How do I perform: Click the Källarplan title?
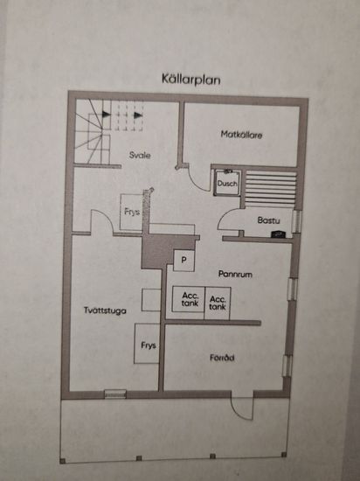(191, 79)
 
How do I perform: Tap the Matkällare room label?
(241, 135)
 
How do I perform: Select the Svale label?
(140, 155)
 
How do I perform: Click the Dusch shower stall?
(227, 183)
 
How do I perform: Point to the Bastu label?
(268, 220)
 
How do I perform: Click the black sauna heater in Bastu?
(279, 234)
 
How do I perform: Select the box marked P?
(183, 261)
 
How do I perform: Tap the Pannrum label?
(235, 274)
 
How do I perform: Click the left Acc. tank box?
(189, 299)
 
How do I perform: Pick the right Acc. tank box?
(218, 303)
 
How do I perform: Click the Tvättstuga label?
(105, 310)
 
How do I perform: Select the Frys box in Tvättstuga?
(147, 344)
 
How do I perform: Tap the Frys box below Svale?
(131, 212)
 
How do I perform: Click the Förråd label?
(222, 358)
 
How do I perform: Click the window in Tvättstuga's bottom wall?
(115, 394)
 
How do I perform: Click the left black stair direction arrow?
(107, 114)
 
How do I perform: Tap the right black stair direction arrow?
(138, 115)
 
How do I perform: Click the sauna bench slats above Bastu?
(271, 188)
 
